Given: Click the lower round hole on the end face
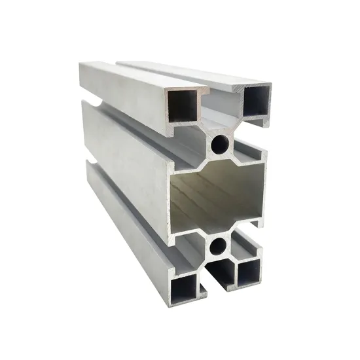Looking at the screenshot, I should [218, 247].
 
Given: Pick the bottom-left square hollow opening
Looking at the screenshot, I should [185, 285].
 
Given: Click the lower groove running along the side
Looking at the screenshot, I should [131, 196].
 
